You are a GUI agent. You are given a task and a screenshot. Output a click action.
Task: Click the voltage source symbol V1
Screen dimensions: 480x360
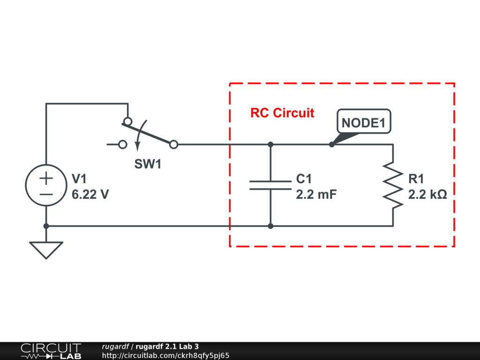click(x=46, y=185)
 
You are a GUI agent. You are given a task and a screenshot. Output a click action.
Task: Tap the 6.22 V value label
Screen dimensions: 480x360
click(x=90, y=195)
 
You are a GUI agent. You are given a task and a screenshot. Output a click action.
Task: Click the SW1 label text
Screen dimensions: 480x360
click(x=148, y=164)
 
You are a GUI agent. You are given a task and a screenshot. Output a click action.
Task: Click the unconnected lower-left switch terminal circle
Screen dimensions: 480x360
click(x=123, y=144)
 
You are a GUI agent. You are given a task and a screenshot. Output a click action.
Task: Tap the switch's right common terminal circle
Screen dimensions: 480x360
click(x=173, y=144)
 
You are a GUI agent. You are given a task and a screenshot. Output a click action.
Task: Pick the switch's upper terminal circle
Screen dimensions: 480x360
click(x=128, y=121)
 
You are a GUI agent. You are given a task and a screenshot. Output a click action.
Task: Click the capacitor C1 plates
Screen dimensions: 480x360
click(x=270, y=185)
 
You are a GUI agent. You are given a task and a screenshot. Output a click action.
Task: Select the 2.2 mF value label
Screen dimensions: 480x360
click(x=316, y=195)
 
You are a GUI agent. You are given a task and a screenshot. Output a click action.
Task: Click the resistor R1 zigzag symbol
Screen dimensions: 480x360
click(x=393, y=185)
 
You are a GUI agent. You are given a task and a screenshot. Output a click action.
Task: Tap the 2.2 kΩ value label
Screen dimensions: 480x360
click(x=427, y=195)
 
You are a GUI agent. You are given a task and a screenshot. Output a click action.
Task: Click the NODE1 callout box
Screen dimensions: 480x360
click(x=364, y=121)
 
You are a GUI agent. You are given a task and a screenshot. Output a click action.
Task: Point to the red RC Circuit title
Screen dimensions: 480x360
click(x=282, y=113)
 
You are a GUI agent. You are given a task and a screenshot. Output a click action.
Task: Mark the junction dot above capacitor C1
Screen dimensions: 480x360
click(x=270, y=144)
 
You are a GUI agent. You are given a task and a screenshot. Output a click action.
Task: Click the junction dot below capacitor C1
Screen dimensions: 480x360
click(x=270, y=226)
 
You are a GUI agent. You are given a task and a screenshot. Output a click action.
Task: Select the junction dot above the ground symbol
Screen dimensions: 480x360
click(x=46, y=226)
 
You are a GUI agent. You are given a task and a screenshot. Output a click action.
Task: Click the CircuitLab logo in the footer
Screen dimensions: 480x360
click(x=51, y=351)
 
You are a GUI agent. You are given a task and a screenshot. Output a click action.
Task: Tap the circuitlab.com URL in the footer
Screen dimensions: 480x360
click(x=165, y=355)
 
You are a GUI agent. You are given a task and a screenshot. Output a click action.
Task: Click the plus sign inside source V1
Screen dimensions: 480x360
click(x=46, y=178)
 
